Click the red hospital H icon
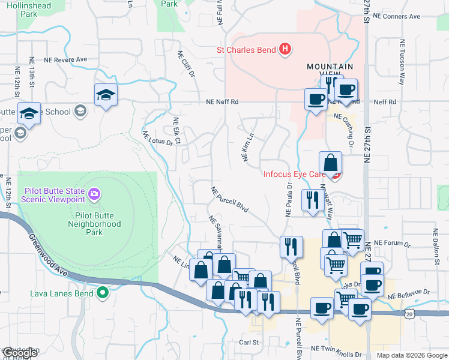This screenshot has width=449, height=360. click(286, 49)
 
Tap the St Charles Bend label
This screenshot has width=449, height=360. click(246, 49)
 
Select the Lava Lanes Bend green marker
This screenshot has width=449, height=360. click(103, 293)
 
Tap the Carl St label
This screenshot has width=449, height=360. click(249, 343)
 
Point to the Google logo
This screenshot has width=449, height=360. click(20, 353)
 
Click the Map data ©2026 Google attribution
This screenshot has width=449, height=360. click(411, 355)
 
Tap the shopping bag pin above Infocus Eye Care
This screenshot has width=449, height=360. click(330, 162)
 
